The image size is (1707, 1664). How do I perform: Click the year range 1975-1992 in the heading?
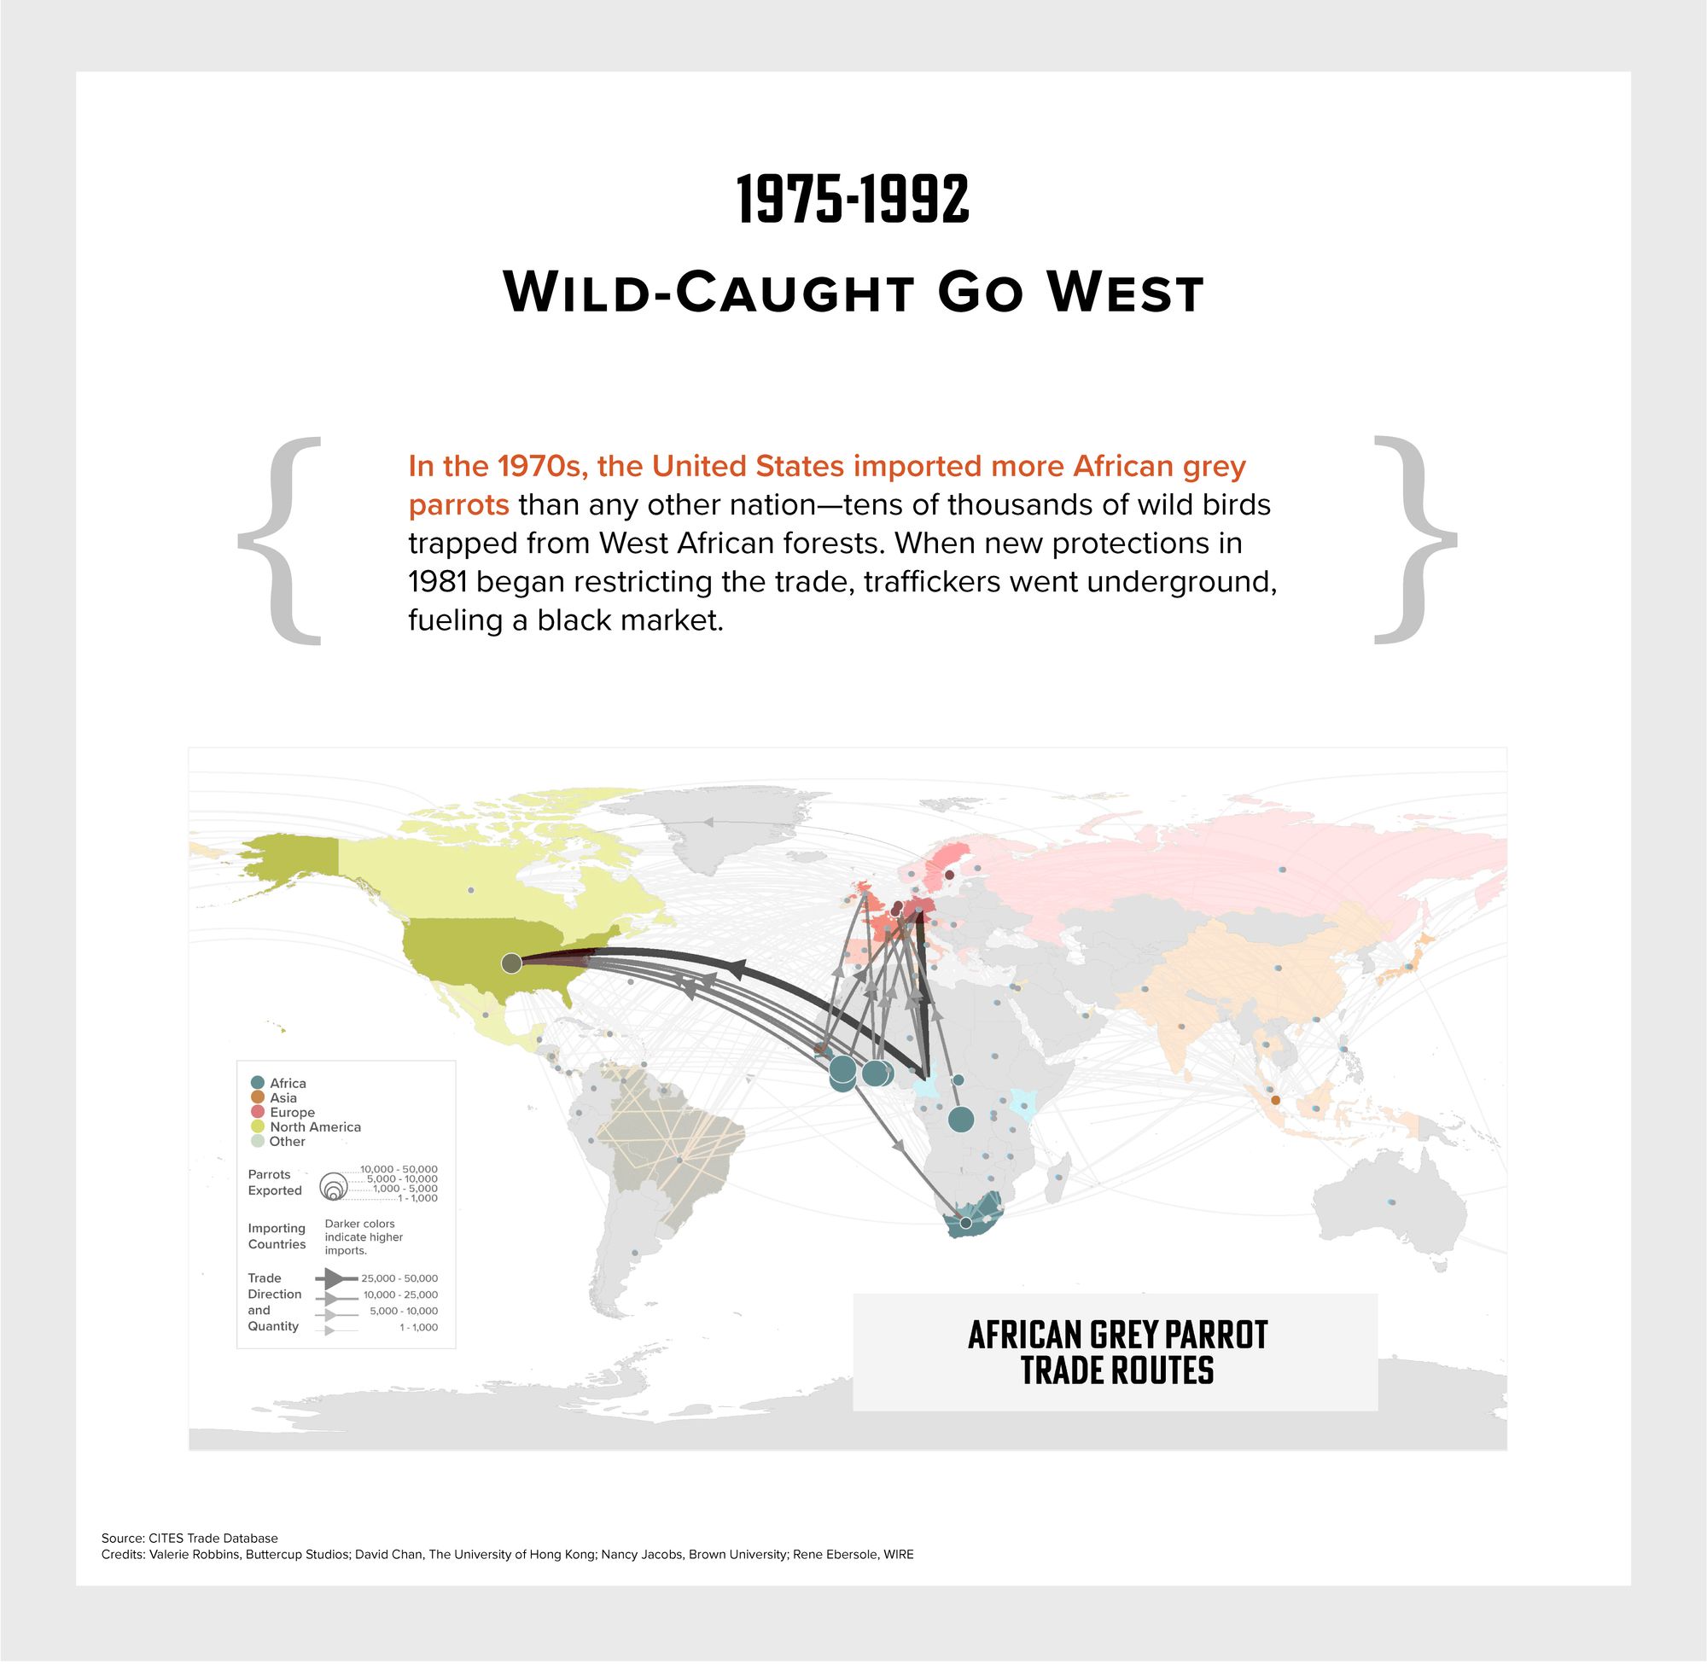pos(853,201)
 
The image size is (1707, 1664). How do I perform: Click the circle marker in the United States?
pos(511,963)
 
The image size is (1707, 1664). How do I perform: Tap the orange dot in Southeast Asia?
pos(1275,1100)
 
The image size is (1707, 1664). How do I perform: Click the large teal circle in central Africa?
pos(960,1119)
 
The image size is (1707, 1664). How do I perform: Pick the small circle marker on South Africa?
pos(966,1223)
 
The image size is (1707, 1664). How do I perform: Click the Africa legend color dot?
pos(258,1083)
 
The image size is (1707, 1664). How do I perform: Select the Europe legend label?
pos(292,1113)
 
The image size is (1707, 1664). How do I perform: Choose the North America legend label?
pos(315,1126)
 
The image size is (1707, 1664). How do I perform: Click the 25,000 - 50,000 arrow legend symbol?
pos(335,1277)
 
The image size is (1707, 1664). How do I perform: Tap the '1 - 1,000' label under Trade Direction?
pos(419,1328)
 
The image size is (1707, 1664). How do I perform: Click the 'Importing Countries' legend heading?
pos(277,1236)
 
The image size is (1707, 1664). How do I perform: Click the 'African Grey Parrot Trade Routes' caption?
pos(1117,1352)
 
